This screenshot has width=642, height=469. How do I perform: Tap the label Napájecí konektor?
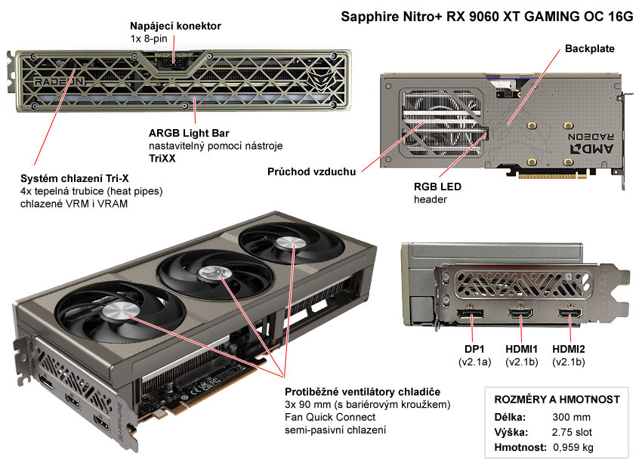175,26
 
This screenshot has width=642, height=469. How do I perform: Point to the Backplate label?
590,48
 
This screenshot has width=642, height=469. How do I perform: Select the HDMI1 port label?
521,348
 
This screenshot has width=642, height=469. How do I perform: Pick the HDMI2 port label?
569,348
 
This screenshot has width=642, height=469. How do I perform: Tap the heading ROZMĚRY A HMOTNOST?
557,399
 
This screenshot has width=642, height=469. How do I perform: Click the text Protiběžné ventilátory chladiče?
363,391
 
